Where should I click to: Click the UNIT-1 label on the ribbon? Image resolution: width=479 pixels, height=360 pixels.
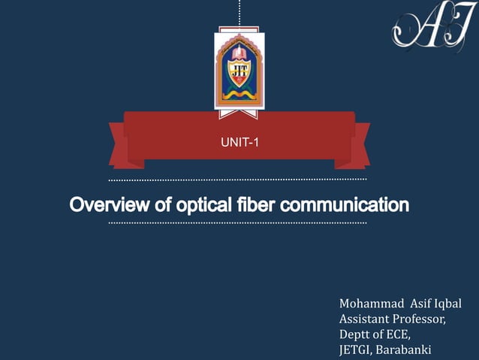click(239, 140)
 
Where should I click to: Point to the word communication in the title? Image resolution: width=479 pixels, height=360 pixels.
click(345, 204)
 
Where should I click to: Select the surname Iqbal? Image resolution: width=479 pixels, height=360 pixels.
click(447, 304)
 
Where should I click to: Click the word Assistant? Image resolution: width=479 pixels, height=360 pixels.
click(365, 319)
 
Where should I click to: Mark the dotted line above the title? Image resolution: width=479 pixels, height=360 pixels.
click(238, 180)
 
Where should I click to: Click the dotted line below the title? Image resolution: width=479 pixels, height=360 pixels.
click(238, 223)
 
